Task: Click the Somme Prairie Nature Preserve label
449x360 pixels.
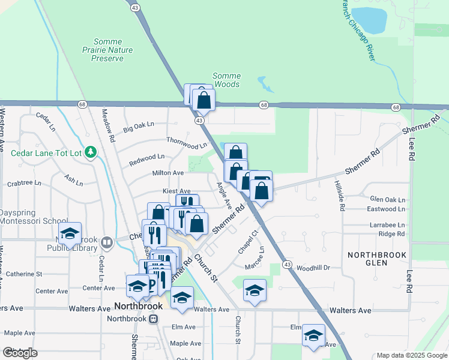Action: pos(107,50)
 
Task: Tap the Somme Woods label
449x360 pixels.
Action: pos(228,80)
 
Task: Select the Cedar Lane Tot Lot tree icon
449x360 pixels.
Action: pos(91,152)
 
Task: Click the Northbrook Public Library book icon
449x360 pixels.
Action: pos(107,243)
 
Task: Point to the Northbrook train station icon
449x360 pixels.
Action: pos(154,319)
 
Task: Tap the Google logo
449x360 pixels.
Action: pos(20,353)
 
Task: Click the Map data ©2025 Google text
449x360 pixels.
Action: pos(412,355)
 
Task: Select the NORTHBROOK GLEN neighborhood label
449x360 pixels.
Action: pos(377,260)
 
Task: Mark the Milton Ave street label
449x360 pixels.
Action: pos(168,173)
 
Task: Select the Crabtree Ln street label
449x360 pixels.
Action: pos(24,183)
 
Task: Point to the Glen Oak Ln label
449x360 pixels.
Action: pos(388,199)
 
